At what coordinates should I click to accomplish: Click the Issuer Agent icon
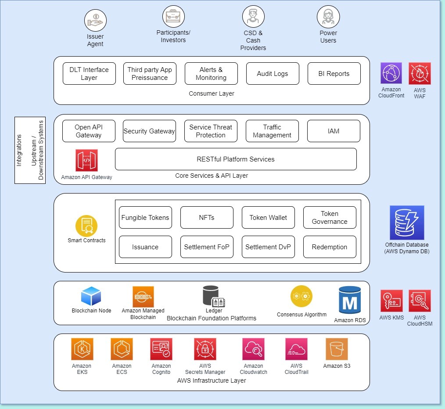click(x=95, y=20)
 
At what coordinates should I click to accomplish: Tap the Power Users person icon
click(x=328, y=17)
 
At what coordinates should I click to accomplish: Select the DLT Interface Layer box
click(x=89, y=74)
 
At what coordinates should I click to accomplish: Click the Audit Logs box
click(x=273, y=74)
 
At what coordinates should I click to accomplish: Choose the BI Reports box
click(x=334, y=74)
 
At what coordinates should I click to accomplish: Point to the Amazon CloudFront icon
click(x=391, y=73)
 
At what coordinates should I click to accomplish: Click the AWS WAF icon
click(x=420, y=73)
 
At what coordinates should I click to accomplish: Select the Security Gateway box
click(x=149, y=131)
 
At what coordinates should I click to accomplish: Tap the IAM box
click(x=334, y=131)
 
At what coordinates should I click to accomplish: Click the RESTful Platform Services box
click(x=236, y=159)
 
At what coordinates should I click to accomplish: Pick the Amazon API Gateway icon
click(x=86, y=161)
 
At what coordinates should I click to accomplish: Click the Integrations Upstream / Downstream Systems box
click(x=30, y=150)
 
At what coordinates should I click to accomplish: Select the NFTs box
click(x=207, y=218)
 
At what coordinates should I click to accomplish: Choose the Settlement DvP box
click(x=268, y=247)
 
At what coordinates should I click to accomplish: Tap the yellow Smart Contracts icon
click(x=86, y=226)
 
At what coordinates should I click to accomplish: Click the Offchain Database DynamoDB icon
click(x=407, y=223)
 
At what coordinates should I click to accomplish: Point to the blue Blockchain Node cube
click(x=91, y=296)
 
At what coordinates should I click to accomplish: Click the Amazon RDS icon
click(x=350, y=300)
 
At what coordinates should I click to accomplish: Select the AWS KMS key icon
click(x=391, y=301)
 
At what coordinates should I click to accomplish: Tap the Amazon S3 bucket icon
click(x=337, y=349)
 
